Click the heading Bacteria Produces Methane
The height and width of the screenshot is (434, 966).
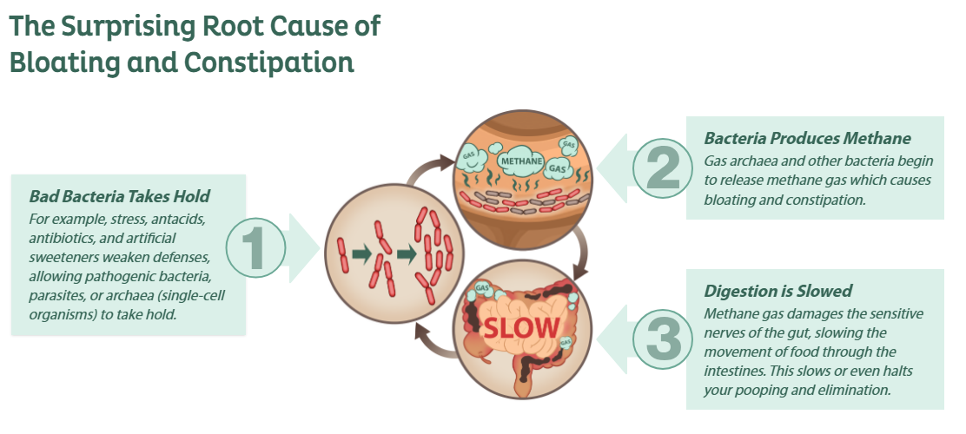tap(807, 138)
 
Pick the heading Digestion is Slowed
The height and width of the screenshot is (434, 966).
tap(777, 291)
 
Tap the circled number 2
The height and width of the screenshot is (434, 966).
tap(662, 167)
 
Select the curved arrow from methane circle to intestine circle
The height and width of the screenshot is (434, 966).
tap(579, 253)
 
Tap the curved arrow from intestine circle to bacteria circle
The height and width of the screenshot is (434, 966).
tap(435, 340)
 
